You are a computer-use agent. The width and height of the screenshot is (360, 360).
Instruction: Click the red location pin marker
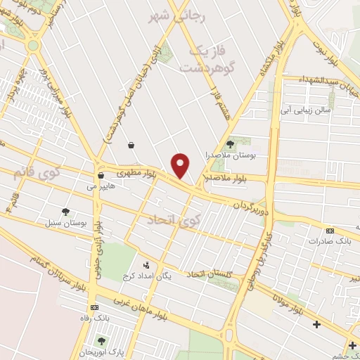tap(181, 166)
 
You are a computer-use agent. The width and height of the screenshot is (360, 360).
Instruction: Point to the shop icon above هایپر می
tap(102, 176)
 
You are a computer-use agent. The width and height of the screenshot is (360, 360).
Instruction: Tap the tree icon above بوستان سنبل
tap(66, 212)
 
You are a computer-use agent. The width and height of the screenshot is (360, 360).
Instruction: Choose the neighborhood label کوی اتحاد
tap(174, 221)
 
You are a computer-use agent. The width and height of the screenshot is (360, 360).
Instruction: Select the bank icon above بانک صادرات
tap(330, 231)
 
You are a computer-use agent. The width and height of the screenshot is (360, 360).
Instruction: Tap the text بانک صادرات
tap(329, 241)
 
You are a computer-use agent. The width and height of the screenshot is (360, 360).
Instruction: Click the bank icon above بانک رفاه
tap(94, 308)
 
